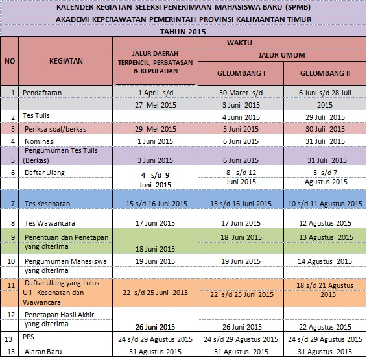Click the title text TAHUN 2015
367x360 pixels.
(x=184, y=31)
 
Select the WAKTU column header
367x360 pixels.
(x=239, y=42)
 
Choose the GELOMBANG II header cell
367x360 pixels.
(x=325, y=73)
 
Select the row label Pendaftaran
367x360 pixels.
(x=43, y=93)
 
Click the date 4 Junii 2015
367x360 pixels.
(x=240, y=117)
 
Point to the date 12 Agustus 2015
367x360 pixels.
(x=325, y=222)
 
